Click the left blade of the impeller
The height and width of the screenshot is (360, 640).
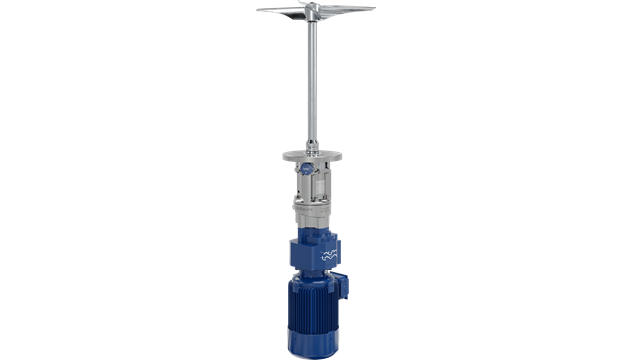click(285, 11)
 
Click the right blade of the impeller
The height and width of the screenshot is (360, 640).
click(346, 12)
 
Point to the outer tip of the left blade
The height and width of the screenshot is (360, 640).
click(260, 10)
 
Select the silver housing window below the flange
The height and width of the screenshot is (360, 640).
click(318, 185)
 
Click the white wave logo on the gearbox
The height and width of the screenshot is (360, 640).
click(331, 256)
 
